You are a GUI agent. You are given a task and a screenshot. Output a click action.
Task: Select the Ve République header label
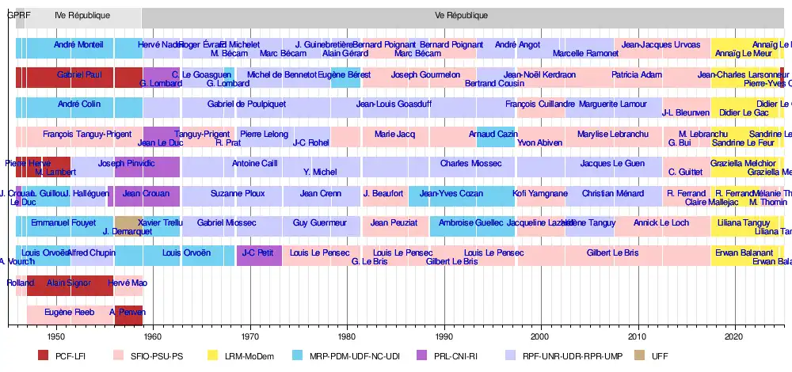coord(462,15)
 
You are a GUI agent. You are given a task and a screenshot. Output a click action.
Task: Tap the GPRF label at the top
coord(18,15)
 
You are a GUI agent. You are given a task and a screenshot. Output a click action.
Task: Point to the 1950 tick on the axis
coord(56,335)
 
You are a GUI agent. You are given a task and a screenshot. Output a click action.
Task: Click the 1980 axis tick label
coord(347,335)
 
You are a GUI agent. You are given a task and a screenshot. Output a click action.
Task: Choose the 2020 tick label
coord(734,335)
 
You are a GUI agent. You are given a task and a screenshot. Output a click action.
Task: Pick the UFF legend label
coord(661,356)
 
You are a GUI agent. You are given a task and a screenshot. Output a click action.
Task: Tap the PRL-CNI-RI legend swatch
coord(422,356)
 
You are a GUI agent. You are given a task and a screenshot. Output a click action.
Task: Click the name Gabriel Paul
coord(79,74)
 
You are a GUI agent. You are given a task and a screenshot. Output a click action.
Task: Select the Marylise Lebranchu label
coord(607,134)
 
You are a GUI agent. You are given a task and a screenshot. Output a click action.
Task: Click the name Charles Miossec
coord(471,164)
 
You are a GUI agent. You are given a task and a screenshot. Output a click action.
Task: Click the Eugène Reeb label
coord(70,312)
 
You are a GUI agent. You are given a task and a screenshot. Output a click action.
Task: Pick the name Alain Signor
coord(67,283)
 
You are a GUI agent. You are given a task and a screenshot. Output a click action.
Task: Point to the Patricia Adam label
coord(637,74)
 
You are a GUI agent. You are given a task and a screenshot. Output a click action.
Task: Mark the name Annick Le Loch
coord(661,223)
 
